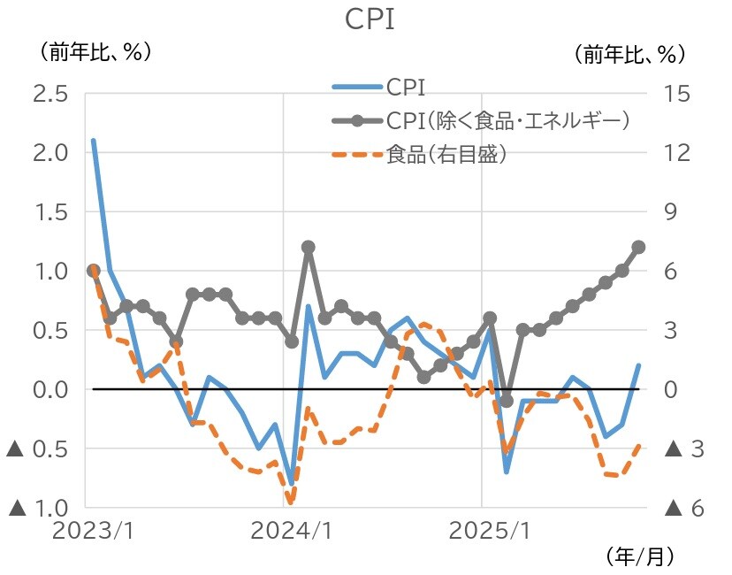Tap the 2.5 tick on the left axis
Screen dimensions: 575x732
pyautogui.click(x=50, y=93)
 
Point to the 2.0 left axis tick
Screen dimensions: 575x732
pyautogui.click(x=50, y=152)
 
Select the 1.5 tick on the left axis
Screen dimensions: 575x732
pyautogui.click(x=50, y=211)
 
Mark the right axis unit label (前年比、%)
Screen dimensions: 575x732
pyautogui.click(x=630, y=53)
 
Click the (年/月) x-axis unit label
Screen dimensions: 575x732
pyautogui.click(x=641, y=556)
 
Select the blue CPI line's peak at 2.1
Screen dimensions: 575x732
pyautogui.click(x=93, y=141)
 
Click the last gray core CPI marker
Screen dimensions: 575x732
pyautogui.click(x=638, y=247)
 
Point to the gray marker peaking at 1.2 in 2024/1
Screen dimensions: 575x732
pyautogui.click(x=309, y=247)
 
